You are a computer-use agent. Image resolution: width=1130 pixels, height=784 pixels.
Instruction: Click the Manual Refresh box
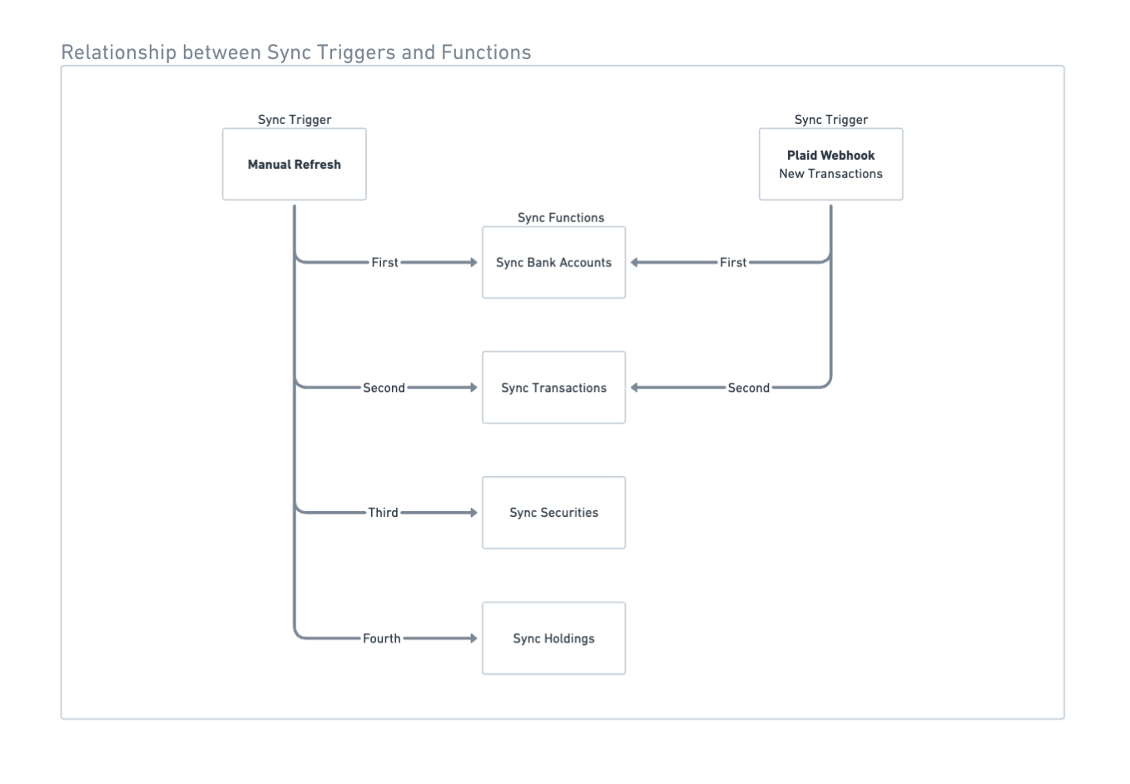point(294,164)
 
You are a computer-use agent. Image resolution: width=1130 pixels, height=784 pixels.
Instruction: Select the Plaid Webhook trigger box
point(830,164)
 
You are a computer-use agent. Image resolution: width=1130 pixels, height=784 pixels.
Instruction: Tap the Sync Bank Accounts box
point(553,262)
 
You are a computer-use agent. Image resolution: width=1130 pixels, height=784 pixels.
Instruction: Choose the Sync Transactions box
point(553,388)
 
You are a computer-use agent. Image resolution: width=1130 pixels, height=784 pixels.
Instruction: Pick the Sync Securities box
point(553,513)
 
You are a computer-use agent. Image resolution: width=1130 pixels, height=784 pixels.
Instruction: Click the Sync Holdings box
point(553,638)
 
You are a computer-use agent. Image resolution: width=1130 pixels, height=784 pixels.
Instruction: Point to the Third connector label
point(383,513)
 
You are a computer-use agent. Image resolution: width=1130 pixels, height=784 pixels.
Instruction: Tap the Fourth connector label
point(381,638)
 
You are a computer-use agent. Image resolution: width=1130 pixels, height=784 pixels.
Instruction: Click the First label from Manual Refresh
point(384,262)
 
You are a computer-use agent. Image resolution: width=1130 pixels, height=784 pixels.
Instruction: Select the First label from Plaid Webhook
point(732,262)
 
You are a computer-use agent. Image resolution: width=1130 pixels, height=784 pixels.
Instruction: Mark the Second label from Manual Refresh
point(384,388)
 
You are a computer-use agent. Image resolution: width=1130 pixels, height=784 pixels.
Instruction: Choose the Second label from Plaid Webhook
point(748,388)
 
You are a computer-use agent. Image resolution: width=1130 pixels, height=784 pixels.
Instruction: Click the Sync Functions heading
point(561,218)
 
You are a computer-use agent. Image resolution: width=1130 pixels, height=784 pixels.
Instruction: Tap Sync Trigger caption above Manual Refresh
point(294,120)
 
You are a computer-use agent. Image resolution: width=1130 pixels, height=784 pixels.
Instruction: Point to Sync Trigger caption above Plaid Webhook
point(830,120)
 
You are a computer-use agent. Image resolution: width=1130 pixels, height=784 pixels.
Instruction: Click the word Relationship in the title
point(119,52)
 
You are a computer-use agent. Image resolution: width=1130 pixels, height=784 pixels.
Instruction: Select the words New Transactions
point(830,174)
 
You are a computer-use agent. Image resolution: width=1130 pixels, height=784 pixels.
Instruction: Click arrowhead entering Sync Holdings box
point(473,638)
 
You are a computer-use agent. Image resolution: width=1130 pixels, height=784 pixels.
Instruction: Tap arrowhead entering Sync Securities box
point(473,513)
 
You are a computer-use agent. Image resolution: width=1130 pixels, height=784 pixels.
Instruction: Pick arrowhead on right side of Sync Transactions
point(635,388)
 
